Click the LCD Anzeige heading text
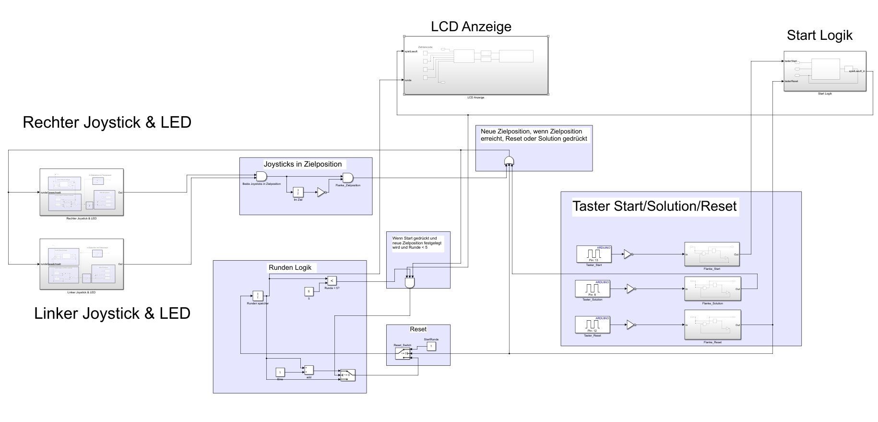[x=471, y=26]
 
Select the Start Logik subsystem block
[x=825, y=71]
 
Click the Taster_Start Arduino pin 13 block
[x=593, y=254]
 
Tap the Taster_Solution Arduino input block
[x=593, y=289]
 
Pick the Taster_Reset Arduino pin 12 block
[x=593, y=325]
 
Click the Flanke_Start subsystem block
[x=712, y=254]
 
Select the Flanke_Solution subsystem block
[x=712, y=289]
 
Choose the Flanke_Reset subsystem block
[x=712, y=325]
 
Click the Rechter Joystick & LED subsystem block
[x=82, y=192]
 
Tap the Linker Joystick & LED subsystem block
[x=82, y=264]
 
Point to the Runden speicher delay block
[x=258, y=296]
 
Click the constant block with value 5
[x=309, y=291]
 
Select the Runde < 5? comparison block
[x=332, y=280]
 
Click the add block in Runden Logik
[x=308, y=370]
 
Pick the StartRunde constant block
[x=431, y=346]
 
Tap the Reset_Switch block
[x=403, y=353]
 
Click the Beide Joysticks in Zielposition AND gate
[x=261, y=177]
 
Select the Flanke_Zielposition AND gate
[x=348, y=178]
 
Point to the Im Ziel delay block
[x=298, y=192]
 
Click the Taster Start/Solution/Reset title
[x=654, y=206]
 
